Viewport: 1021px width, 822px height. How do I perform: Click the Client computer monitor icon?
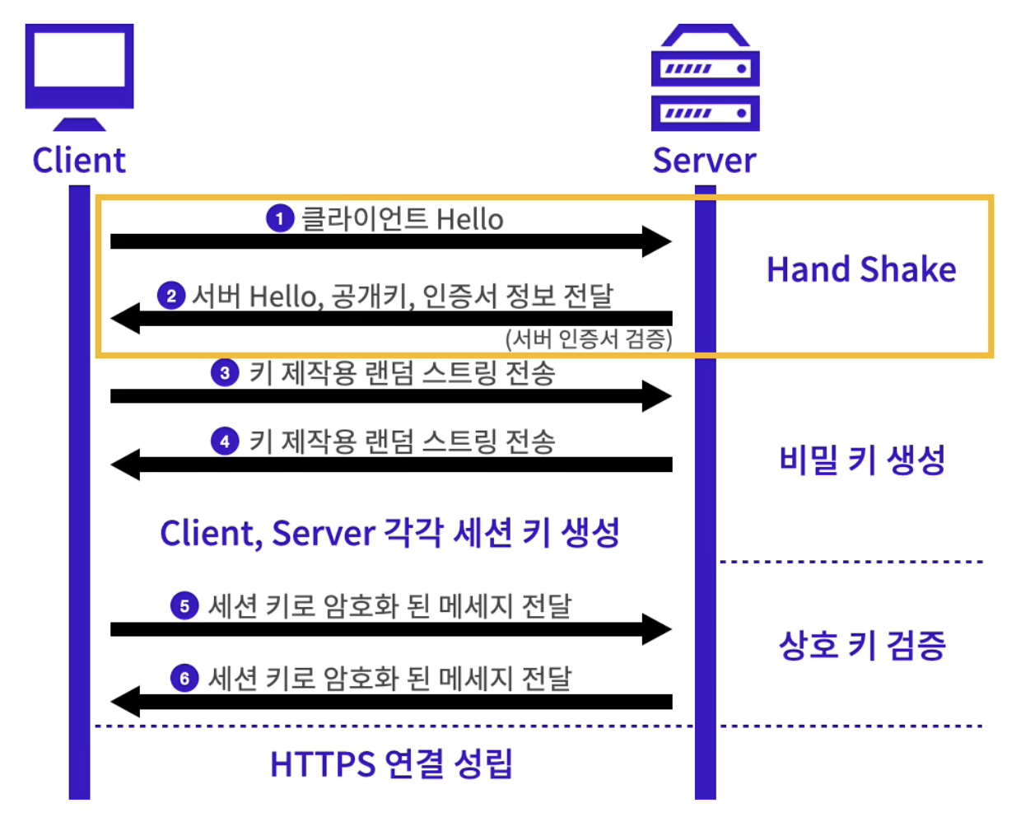79,74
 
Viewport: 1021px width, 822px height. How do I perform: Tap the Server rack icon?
705,79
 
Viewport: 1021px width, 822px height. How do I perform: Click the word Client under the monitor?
79,161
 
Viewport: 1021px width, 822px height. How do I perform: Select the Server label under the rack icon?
704,161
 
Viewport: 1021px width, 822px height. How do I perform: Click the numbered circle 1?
280,218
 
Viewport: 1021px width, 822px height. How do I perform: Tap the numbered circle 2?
171,295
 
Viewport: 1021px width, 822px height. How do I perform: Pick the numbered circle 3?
225,372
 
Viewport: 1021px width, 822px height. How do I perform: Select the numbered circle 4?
225,441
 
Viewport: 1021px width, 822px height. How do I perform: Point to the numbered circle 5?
184,606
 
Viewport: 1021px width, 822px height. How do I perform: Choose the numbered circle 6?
184,678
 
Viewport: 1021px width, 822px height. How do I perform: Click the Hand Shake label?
861,269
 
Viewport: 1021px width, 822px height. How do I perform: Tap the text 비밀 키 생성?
862,460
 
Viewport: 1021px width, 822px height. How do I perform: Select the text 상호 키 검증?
862,645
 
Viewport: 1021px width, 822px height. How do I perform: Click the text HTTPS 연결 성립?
391,764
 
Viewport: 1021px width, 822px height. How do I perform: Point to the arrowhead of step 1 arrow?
658,241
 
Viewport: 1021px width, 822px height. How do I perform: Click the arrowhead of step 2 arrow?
125,318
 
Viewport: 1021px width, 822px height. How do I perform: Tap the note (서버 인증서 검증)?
589,339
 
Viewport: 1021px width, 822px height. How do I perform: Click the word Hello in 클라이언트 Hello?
469,220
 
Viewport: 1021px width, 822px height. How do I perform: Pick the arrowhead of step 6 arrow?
125,702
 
